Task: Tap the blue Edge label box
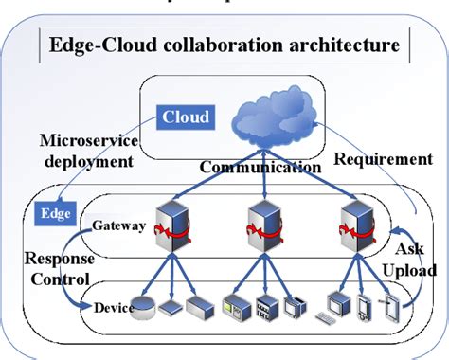[x=50, y=213]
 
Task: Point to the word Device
[x=114, y=308]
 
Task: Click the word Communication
[x=260, y=168]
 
